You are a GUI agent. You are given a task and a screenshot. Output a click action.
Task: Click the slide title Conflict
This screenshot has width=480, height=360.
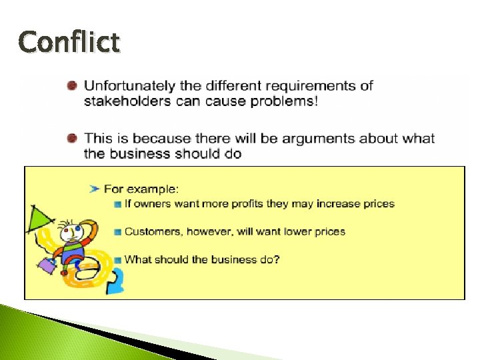point(69,42)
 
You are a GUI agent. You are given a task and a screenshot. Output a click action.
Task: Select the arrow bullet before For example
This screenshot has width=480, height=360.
point(95,189)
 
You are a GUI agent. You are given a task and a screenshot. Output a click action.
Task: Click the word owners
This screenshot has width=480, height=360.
point(153,203)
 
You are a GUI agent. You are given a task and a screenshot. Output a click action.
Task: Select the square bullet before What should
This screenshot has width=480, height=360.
point(117,259)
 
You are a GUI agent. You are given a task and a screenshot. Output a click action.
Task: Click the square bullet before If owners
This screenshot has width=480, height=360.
point(117,203)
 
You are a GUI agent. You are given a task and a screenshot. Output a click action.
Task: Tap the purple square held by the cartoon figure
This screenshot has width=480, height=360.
point(47,265)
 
